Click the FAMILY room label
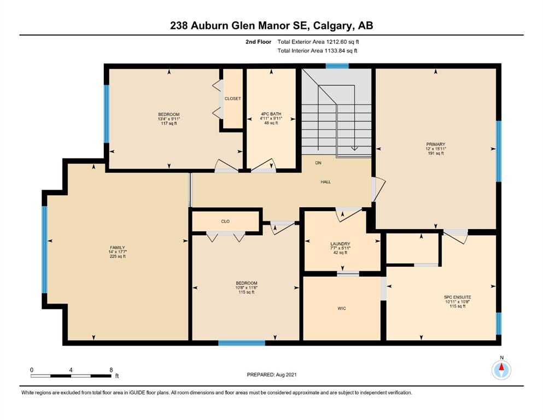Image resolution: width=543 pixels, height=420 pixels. pos(118,248)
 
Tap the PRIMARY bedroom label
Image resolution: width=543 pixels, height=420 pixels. pos(436,144)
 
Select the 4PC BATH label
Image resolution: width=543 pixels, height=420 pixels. pos(271,114)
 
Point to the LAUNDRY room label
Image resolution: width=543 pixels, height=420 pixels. pos(341,244)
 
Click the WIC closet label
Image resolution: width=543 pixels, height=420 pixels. pos(342,308)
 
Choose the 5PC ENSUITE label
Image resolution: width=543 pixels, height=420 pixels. pos(458,297)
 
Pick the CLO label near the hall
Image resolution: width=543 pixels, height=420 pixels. pos(225,221)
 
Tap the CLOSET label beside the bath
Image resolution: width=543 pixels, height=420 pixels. pos(233,98)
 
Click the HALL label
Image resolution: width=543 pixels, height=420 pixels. pos(325,182)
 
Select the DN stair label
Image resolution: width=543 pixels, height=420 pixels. pos(318,163)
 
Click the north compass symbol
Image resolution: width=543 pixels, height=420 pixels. pos(501,370)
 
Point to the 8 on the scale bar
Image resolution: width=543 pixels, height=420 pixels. pos(111,370)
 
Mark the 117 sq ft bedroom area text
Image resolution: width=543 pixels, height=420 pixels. pos(169,123)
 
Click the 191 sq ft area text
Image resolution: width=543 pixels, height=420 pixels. pos(436,153)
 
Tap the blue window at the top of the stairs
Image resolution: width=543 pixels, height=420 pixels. pos(337,66)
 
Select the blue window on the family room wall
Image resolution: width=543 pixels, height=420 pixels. pos(44,249)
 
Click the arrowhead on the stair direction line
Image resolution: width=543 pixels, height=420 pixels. pos(354,149)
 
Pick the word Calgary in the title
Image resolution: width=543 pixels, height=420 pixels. pos(334,26)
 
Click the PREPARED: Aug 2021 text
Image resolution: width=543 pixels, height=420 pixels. pos(271,375)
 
